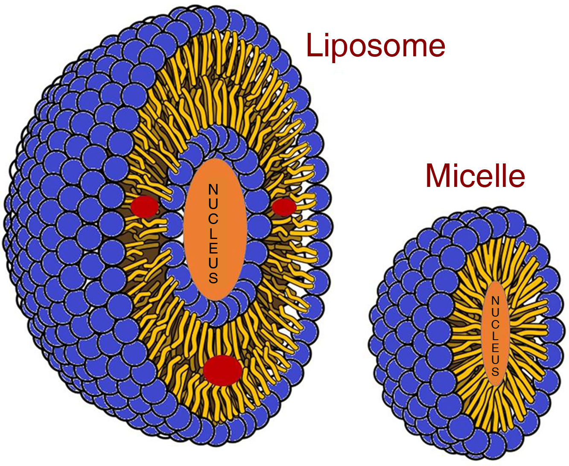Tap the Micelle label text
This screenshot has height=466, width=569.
(x=475, y=175)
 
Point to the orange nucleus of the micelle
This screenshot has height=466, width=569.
(x=495, y=333)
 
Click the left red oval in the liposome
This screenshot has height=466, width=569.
(x=144, y=207)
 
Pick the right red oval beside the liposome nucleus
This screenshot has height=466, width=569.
(x=284, y=207)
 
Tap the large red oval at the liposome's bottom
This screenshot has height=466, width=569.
(x=223, y=370)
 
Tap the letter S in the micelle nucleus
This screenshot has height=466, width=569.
(x=495, y=371)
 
